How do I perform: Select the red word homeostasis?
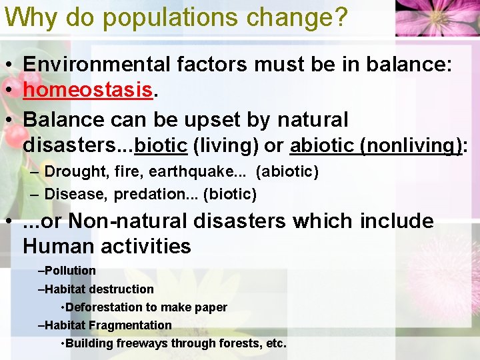click(x=87, y=92)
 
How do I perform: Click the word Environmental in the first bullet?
click(x=97, y=64)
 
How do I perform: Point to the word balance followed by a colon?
click(x=413, y=64)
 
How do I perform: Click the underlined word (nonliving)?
click(x=409, y=145)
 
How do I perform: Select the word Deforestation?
click(x=103, y=307)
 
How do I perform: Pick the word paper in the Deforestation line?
click(x=211, y=307)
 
